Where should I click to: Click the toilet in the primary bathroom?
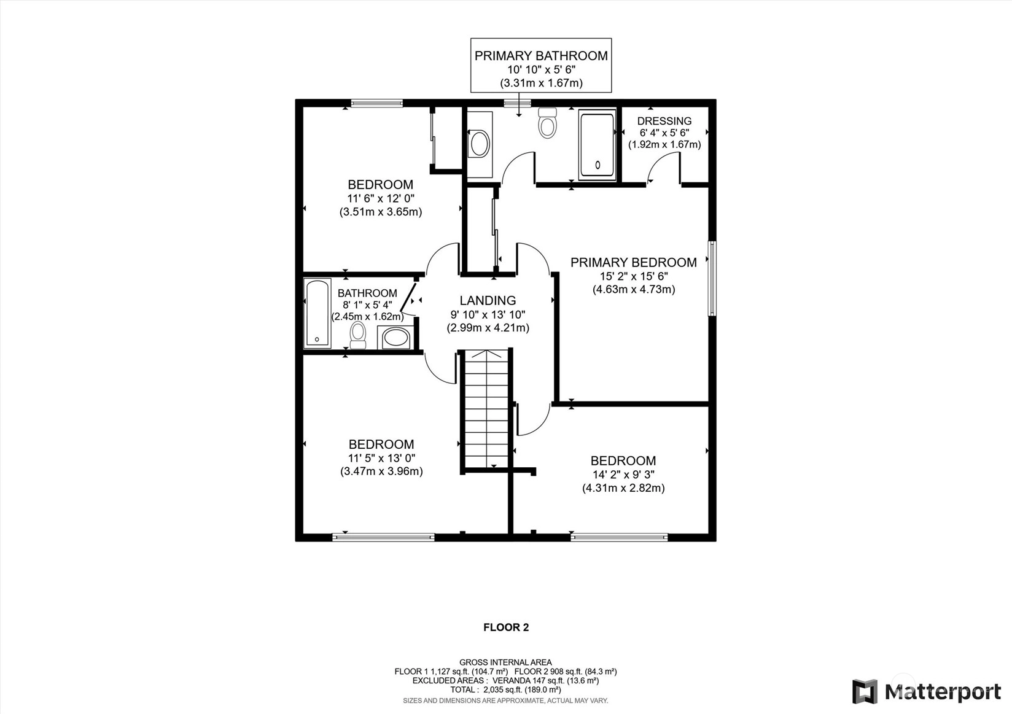548,123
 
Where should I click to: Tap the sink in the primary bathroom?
480,144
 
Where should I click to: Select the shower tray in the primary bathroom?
597,145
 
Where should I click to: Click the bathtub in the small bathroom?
317,314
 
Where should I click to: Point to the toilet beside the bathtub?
358,335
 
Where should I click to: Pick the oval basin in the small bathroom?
396,338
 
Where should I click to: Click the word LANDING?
488,300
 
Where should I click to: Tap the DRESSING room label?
664,121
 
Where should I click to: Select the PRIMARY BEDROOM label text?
633,262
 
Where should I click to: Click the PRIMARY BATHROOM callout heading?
541,55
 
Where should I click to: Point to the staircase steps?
487,409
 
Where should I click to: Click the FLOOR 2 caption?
506,627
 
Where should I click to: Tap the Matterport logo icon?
865,691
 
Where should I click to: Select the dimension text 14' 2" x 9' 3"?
623,474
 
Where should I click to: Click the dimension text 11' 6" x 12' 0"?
380,198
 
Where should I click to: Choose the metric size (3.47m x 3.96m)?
381,471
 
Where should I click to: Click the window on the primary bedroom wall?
712,278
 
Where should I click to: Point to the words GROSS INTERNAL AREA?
505,662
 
